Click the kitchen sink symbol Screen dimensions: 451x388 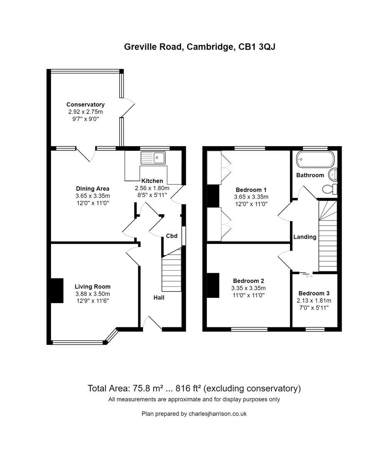[x=154, y=158]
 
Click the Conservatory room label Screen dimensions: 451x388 [x=86, y=104]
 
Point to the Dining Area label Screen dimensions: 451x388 [x=93, y=189]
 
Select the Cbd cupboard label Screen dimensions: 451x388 [x=172, y=236]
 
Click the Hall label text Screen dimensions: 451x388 [x=159, y=298]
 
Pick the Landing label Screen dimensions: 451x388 [x=305, y=237]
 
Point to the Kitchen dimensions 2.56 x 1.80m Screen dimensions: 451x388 [x=152, y=187]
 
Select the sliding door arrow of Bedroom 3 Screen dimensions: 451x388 [x=309, y=276]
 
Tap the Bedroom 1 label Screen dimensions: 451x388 [x=251, y=189]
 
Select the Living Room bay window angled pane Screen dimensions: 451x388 [x=111, y=336]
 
